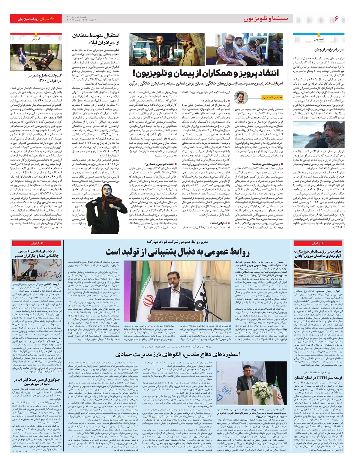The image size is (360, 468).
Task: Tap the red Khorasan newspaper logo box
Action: pyautogui.click(x=36, y=19)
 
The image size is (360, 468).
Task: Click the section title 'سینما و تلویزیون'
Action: pyautogui.click(x=265, y=19)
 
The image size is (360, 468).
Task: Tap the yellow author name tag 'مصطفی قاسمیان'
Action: pyautogui.click(x=264, y=98)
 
